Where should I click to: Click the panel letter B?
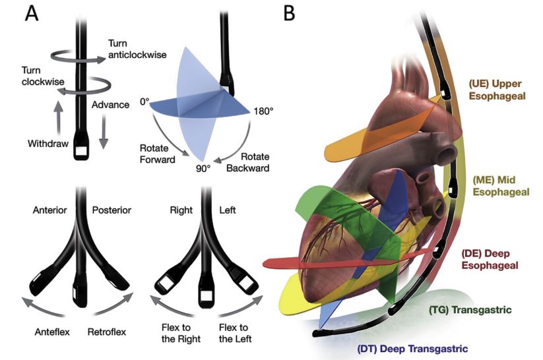[289, 13]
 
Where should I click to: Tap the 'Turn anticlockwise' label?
[137, 49]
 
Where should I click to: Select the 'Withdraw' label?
[48, 143]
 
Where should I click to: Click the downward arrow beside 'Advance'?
[103, 133]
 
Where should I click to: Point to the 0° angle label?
[144, 102]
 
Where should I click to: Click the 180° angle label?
[263, 111]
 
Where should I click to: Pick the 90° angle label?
[203, 169]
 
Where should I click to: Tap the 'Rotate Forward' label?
[157, 154]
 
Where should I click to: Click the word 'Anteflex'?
[52, 332]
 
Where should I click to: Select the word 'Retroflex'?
[107, 332]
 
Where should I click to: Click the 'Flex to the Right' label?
[181, 333]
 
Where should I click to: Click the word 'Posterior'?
[112, 210]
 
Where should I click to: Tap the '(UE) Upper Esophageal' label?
[497, 90]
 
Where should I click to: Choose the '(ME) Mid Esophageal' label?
[501, 186]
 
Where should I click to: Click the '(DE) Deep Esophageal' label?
[490, 259]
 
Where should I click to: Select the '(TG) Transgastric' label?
[470, 310]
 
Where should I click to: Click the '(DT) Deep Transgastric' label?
[412, 349]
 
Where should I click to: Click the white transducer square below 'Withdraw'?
[82, 151]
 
